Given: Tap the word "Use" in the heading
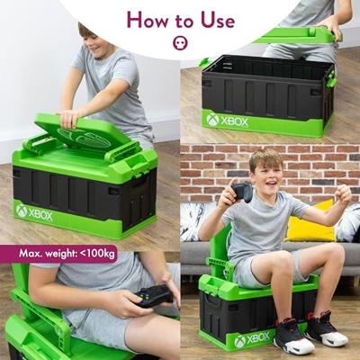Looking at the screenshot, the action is [x=218, y=21].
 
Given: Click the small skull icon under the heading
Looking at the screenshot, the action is [x=180, y=43].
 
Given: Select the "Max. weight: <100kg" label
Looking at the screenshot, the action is [x=67, y=254].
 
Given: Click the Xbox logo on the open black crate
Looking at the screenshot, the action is [x=212, y=120].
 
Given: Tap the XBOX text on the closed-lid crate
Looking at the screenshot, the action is [x=40, y=215].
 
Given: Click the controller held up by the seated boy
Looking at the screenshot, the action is [x=242, y=191].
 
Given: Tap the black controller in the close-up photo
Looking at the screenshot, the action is [x=154, y=296].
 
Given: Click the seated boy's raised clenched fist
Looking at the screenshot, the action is [x=343, y=194].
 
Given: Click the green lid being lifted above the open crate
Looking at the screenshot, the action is [x=295, y=35].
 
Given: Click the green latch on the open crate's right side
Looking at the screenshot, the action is [x=331, y=78].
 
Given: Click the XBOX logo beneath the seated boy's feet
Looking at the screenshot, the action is [x=252, y=339].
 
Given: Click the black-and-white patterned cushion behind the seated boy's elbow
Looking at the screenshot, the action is [x=194, y=220].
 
